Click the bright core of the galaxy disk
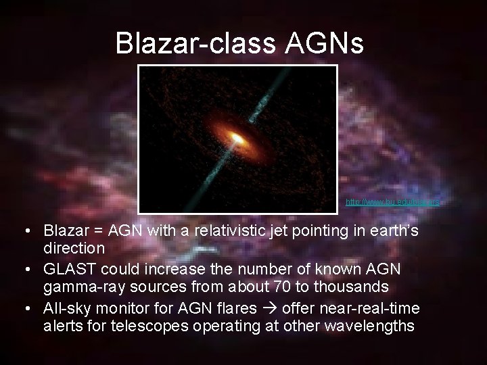pyautogui.click(x=237, y=139)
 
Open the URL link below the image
pyautogui.click(x=392, y=202)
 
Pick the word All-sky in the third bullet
pyautogui.click(x=66, y=309)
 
